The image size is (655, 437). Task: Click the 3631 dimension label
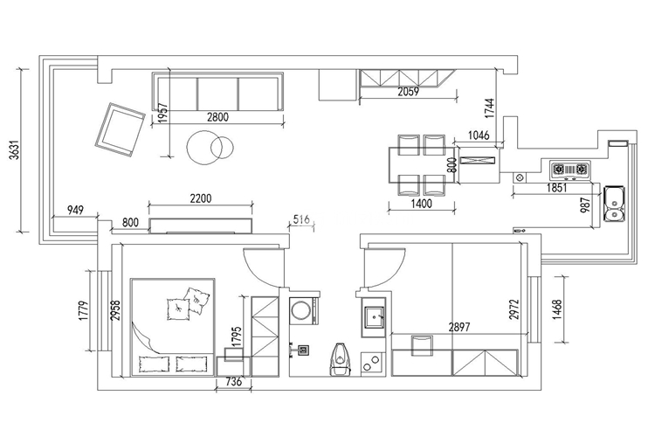click(x=15, y=150)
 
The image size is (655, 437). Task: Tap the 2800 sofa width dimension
click(x=217, y=116)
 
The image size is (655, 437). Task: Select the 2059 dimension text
click(x=408, y=91)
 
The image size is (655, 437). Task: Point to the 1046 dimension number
click(x=479, y=135)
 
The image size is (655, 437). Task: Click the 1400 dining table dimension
click(x=422, y=204)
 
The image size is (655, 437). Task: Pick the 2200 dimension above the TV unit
click(x=201, y=198)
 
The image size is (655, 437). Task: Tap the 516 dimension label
click(x=301, y=219)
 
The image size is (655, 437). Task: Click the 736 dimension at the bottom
click(x=233, y=381)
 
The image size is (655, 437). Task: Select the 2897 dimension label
click(x=459, y=327)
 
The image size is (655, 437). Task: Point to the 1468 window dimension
click(x=558, y=309)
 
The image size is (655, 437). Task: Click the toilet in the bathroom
click(x=341, y=359)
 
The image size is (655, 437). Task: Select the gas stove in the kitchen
click(x=570, y=170)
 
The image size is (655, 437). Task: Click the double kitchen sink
click(x=614, y=204)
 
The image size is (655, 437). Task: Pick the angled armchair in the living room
click(x=120, y=129)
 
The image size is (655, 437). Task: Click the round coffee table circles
click(x=210, y=148)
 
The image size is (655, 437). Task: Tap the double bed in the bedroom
click(x=173, y=326)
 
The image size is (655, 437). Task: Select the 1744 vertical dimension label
click(x=490, y=108)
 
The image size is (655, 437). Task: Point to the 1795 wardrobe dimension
click(x=237, y=336)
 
